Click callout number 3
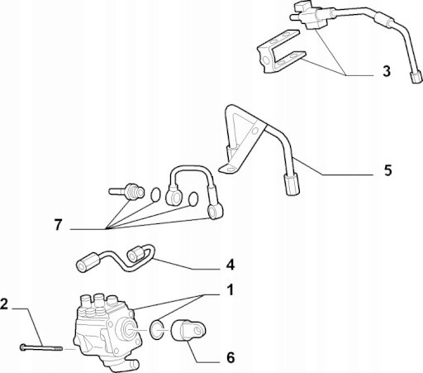pos(387,71)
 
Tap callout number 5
pos(387,170)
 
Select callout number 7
pos(58,225)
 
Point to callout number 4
pos(231,265)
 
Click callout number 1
pos(230,290)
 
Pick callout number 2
pos(4,304)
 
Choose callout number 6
pos(231,358)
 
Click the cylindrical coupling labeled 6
pos(188,331)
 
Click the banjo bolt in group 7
pos(126,192)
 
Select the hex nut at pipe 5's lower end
pos(292,184)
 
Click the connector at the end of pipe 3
pos(416,77)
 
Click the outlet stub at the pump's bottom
pos(131,365)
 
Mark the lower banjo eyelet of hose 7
pos(215,212)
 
